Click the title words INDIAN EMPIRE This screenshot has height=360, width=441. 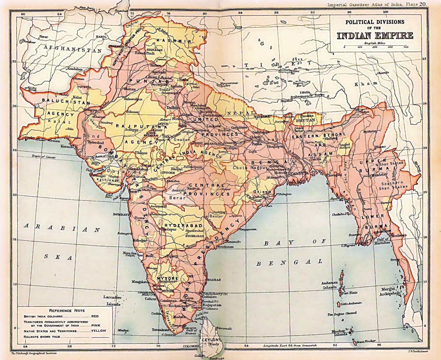coord(375,36)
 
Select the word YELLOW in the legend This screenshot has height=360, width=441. coord(99,331)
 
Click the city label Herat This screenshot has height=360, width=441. coord(43,37)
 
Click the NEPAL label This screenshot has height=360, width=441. coord(240,113)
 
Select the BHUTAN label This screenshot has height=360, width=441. coord(305,120)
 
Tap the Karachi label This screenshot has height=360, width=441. coord(67,146)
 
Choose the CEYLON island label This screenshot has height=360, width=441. coord(210,339)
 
